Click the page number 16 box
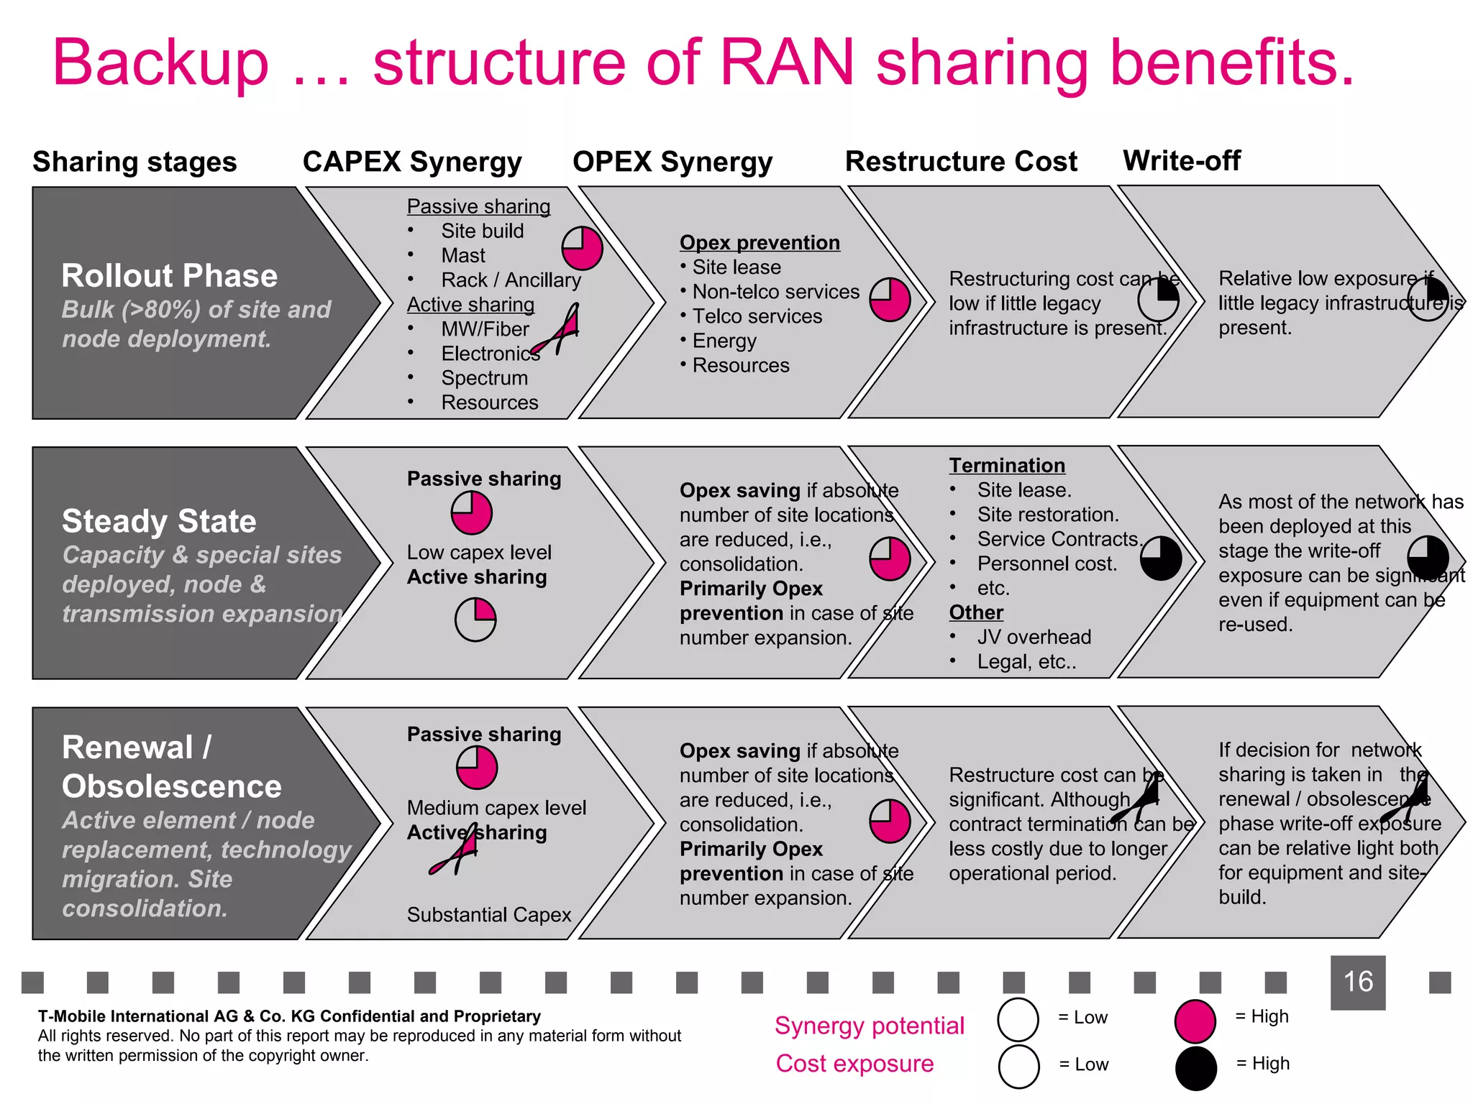1357,982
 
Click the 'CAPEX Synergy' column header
411,162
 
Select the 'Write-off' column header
1181,161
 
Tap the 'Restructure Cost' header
961,162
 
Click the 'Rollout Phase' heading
170,276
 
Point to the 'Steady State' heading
159,521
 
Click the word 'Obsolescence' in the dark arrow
171,786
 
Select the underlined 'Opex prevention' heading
760,243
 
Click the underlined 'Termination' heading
1006,466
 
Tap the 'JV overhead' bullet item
1034,637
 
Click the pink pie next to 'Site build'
582,248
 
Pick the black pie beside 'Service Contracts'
1160,558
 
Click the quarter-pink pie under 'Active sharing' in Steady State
475,620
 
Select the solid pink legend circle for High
1195,1021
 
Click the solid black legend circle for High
1195,1068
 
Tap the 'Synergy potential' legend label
869,1026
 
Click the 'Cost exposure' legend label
854,1064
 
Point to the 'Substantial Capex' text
489,915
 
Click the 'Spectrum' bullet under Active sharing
484,378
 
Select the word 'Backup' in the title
161,63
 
